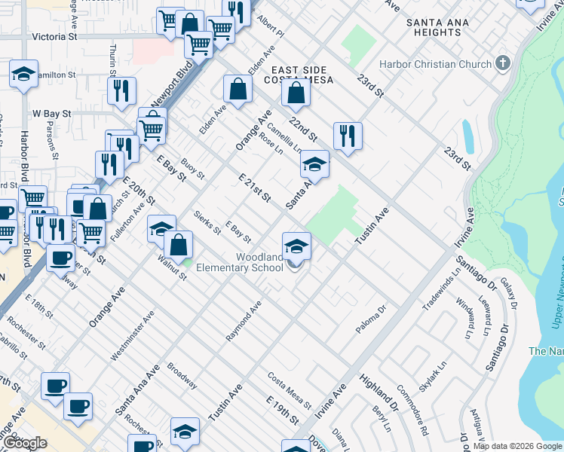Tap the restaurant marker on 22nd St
(x=348, y=136)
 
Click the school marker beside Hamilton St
(x=24, y=75)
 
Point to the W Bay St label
(x=51, y=114)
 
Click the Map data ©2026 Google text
(x=516, y=446)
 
